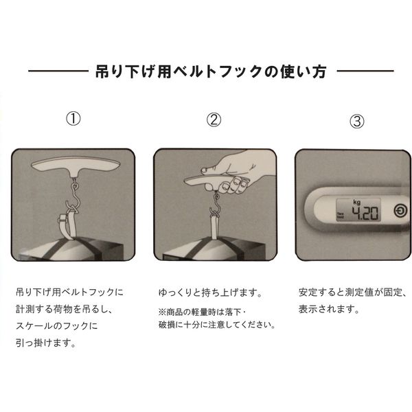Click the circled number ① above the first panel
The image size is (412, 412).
click(73, 119)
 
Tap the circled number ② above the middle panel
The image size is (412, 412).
click(214, 119)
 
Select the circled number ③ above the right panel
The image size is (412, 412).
click(357, 121)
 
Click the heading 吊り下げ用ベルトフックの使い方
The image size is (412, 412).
click(211, 71)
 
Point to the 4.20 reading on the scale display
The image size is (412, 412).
click(365, 213)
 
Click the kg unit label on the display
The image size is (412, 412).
click(357, 202)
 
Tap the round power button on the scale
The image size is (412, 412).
click(400, 211)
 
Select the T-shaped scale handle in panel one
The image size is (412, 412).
click(76, 167)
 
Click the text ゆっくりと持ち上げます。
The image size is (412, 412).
click(211, 293)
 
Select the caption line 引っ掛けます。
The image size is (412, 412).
click(46, 343)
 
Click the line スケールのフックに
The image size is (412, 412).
click(56, 326)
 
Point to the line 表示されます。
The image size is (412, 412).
click(329, 309)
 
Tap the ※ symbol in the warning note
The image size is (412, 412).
click(162, 312)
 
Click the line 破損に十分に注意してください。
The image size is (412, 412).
click(217, 325)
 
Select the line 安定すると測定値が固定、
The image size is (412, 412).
click(353, 293)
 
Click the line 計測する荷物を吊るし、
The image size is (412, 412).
click(65, 309)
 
